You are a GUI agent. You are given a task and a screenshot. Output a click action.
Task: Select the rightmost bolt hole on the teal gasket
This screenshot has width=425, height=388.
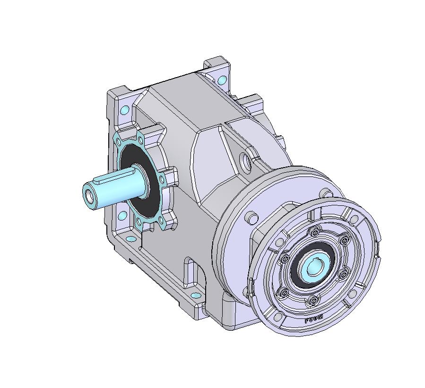click(x=163, y=178)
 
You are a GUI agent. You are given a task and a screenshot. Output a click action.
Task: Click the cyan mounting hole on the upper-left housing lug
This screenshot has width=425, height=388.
click(x=125, y=111)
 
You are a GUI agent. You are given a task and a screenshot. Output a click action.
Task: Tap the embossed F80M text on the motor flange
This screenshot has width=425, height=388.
click(x=314, y=318)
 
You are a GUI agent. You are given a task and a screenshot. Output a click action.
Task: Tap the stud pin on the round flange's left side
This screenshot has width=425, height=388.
click(x=252, y=218)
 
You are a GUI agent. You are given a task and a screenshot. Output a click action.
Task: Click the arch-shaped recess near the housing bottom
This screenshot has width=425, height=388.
click(x=192, y=273)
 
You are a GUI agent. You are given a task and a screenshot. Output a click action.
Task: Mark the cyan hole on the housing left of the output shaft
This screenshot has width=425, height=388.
click(x=123, y=216)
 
